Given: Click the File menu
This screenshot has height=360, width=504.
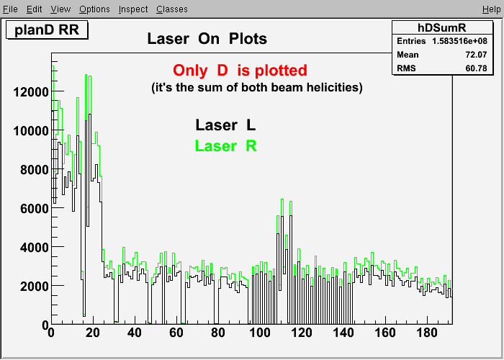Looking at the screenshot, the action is [x=10, y=9].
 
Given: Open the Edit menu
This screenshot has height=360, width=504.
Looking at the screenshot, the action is [x=34, y=9].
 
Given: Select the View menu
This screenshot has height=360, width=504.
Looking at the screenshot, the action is [x=60, y=9].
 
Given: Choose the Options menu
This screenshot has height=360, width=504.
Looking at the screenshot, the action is [x=94, y=9].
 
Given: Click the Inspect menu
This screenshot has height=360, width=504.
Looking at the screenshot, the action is [x=133, y=9].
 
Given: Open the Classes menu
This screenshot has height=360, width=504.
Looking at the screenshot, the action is [x=172, y=9].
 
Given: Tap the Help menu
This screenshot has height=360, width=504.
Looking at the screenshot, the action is [x=492, y=9].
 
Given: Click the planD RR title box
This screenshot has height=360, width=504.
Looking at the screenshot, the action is [x=47, y=30].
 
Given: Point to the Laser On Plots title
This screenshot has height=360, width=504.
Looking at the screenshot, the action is [x=207, y=39].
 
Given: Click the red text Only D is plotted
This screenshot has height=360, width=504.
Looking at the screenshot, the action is [x=240, y=71].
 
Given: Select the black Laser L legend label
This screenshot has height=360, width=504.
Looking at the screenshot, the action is [x=225, y=125].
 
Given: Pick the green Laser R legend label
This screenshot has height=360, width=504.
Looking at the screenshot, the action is [x=225, y=146].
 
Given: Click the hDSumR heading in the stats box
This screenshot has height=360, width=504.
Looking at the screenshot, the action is [x=441, y=27].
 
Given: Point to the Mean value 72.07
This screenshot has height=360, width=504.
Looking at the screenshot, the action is [x=476, y=55].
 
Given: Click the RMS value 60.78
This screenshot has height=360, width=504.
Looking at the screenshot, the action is [x=476, y=68].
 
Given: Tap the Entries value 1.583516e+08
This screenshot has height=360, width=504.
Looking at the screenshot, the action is [x=459, y=41].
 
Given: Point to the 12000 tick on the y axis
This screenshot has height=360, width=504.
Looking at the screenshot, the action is [x=30, y=92].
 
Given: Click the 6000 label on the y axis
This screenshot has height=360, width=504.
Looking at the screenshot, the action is [x=34, y=209].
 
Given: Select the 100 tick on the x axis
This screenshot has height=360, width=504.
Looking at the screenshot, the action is [x=260, y=333].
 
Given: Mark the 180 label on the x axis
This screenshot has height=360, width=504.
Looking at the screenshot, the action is [x=427, y=333].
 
